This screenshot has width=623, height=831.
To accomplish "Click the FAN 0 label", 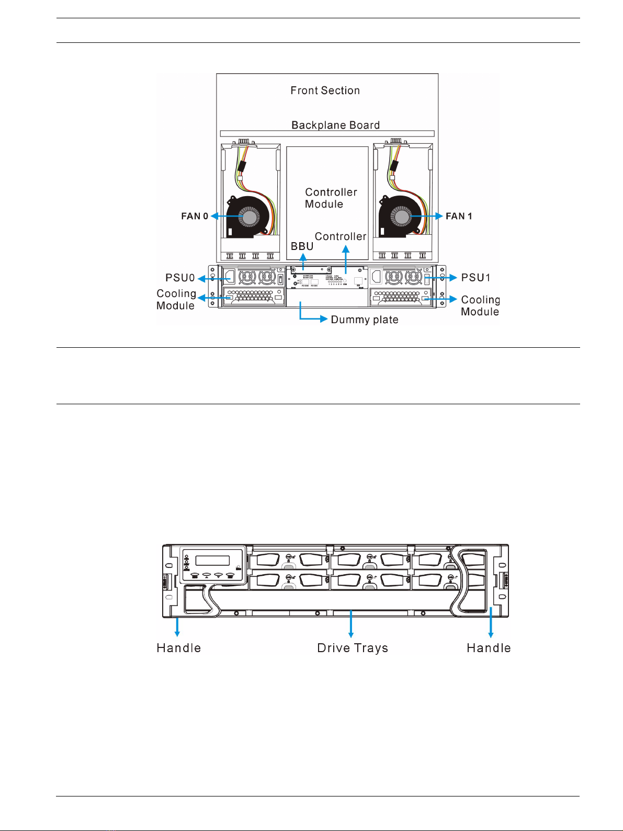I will pos(195,216).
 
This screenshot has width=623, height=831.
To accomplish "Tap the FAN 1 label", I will pos(459,216).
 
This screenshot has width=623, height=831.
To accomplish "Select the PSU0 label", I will pos(180,278).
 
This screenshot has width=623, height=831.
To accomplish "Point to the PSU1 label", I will pos(475,278).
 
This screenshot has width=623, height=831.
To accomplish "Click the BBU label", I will pos(302,246).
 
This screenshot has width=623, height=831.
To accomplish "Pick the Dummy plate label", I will pos(365,320).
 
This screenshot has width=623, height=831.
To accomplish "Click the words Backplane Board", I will pos(335,125).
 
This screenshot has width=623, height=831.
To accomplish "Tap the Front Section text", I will pos(325,90).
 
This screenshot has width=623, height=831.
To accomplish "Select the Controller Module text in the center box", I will pos(331,198).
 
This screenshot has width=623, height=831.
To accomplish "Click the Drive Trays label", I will pos(353,648).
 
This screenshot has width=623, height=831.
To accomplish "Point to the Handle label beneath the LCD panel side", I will pos(178,648).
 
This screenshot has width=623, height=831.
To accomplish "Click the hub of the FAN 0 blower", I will pos(250,216).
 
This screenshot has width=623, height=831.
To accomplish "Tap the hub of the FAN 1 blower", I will pos(402,216).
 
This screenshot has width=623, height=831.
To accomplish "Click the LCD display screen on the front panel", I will pos(212,561).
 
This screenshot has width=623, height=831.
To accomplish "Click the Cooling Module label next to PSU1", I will pos(480,305).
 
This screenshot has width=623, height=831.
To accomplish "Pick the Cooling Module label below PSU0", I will pos(176,300).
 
